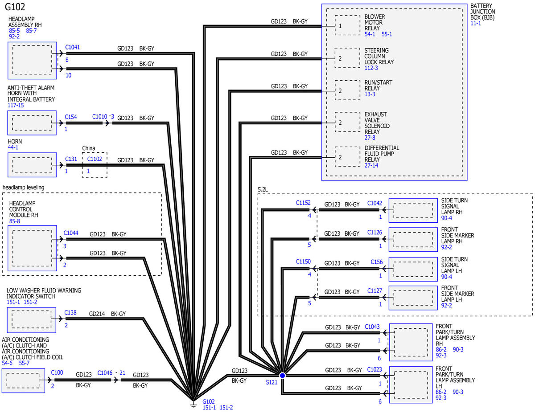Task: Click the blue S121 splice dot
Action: pos(282,376)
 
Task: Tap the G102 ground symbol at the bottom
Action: pos(193,405)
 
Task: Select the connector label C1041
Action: pos(72,47)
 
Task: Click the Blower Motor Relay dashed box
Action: pos(347,25)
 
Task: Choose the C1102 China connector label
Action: pos(95,159)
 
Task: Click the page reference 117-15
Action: pos(16,105)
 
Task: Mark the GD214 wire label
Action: pos(97,314)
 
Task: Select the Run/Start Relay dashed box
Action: pos(347,90)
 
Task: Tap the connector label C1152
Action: pos(303,203)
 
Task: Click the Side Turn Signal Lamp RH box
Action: pos(413,211)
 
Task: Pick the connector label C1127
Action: pos(374,291)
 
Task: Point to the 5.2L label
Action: pos(263,189)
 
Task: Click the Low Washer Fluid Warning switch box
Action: pos(32,320)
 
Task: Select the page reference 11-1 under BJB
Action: pos(476,23)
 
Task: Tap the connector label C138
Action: pos(70,313)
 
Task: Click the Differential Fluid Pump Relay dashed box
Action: pos(347,157)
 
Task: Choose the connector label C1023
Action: pos(374,370)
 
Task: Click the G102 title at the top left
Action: pos(15,7)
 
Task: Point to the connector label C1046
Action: pos(105,373)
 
